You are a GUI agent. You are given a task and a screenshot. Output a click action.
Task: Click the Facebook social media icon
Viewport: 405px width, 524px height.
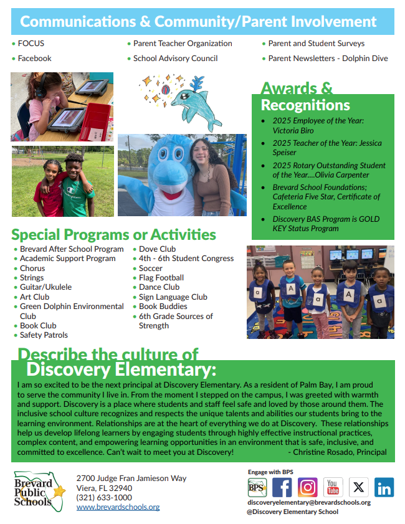tap(282, 487)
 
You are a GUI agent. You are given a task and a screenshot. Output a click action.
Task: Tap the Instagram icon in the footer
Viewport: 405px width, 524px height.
tap(307, 487)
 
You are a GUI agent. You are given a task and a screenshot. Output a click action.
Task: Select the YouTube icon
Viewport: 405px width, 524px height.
tap(333, 487)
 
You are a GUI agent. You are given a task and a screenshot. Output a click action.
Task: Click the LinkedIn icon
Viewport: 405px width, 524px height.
tap(384, 487)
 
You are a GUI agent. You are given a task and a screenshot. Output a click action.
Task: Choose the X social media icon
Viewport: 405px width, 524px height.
tap(358, 487)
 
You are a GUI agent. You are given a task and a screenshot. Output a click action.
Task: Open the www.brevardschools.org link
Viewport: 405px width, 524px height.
tap(118, 507)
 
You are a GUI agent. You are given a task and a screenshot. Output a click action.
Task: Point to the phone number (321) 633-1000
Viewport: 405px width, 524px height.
tap(104, 498)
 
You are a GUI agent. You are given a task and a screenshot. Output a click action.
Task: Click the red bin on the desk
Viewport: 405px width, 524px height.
tap(95, 121)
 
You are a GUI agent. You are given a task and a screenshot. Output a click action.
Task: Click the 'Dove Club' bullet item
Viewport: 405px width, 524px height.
tap(158, 249)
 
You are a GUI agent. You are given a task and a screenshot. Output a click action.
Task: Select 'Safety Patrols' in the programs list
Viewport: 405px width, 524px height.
tap(44, 335)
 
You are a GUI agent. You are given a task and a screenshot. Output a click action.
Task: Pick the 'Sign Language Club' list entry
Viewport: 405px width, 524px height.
tap(173, 297)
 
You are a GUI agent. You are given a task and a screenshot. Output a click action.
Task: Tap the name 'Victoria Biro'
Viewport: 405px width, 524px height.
tap(293, 130)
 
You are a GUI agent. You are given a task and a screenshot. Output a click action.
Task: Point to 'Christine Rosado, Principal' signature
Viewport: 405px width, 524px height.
tap(340, 452)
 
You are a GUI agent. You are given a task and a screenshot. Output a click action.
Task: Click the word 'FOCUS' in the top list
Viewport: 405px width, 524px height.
tap(31, 44)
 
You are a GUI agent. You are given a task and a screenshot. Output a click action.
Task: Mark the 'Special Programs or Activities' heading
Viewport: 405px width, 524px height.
tap(113, 235)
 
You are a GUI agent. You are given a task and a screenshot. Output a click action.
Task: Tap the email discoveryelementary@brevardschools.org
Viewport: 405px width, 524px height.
tap(309, 502)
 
